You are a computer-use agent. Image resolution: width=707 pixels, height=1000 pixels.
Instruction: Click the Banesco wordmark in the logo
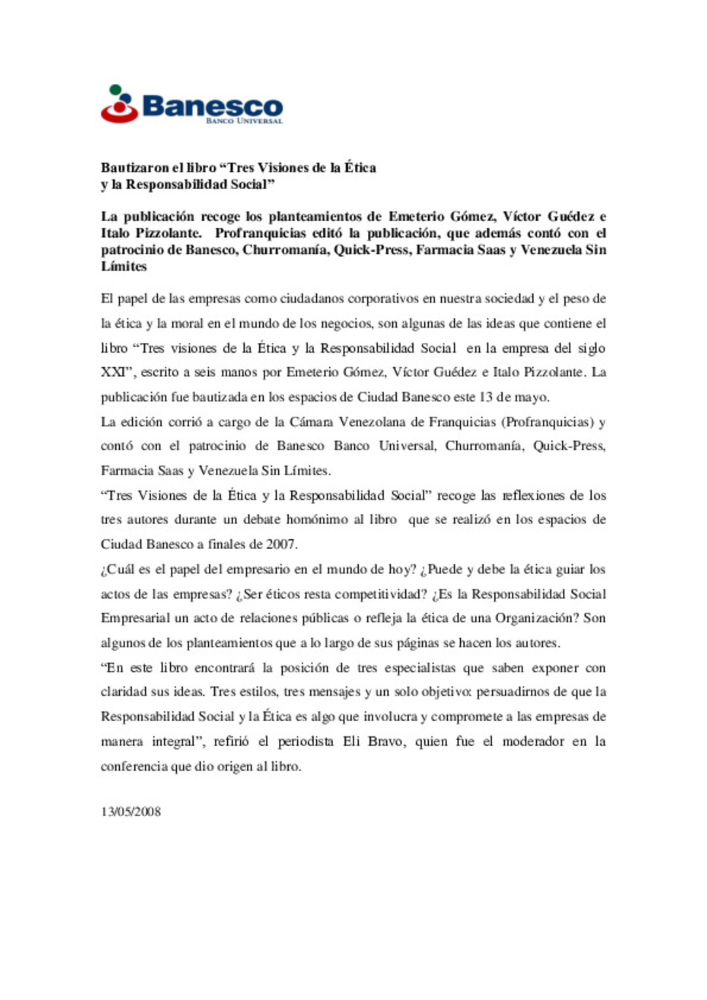pos(213,106)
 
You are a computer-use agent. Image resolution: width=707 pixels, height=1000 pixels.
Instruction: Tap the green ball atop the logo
pos(116,90)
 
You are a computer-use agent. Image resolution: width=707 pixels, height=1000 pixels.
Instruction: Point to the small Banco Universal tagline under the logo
pos(244,121)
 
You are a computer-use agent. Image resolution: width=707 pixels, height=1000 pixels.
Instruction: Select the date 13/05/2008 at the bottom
pos(131,812)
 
